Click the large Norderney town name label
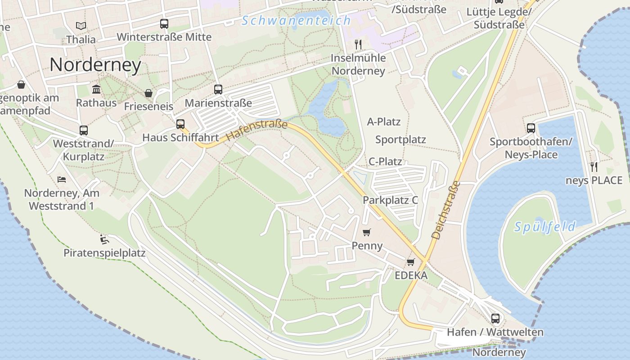click(x=95, y=65)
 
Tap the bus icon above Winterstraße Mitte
click(x=164, y=24)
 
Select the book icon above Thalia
click(x=81, y=26)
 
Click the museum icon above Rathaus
click(x=96, y=89)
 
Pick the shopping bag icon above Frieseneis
click(x=148, y=93)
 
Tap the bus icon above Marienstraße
click(x=218, y=90)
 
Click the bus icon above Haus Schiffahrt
click(x=180, y=124)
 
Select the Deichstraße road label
click(x=445, y=210)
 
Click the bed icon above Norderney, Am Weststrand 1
click(x=62, y=179)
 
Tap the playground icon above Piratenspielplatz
click(x=104, y=238)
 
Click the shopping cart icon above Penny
click(x=367, y=232)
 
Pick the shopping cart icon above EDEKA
click(x=410, y=262)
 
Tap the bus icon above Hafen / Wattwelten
click(x=495, y=319)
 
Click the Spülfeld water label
click(x=545, y=227)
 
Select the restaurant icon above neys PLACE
click(x=594, y=166)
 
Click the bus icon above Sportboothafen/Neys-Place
click(x=531, y=128)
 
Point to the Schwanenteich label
click(x=296, y=20)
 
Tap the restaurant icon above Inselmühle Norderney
click(x=358, y=44)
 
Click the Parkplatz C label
click(x=391, y=200)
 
